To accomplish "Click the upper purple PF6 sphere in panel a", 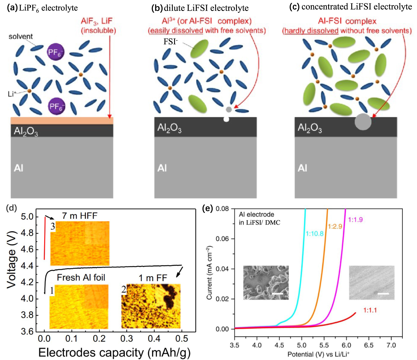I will pyautogui.click(x=55, y=52).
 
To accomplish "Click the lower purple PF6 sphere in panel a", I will pyautogui.click(x=57, y=106).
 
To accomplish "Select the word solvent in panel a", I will pyautogui.click(x=21, y=36).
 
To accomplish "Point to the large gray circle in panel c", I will pyautogui.click(x=363, y=122).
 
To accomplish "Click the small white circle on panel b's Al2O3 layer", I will pyautogui.click(x=226, y=119).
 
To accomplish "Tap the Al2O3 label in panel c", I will pyautogui.click(x=310, y=128).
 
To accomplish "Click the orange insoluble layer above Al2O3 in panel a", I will pyautogui.click(x=62, y=121).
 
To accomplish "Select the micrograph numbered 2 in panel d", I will pyautogui.click(x=151, y=306).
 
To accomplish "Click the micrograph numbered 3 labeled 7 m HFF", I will pyautogui.click(x=80, y=243).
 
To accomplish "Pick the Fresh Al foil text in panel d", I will pyautogui.click(x=81, y=278).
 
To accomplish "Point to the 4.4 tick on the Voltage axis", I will pyautogui.click(x=27, y=266).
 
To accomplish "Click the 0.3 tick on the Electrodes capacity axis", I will pyautogui.click(x=126, y=339).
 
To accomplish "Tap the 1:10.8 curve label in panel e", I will pyautogui.click(x=314, y=233).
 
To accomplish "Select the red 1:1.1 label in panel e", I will pyautogui.click(x=370, y=310).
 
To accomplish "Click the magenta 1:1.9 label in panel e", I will pyautogui.click(x=355, y=220).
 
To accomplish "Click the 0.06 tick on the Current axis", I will pyautogui.click(x=222, y=239).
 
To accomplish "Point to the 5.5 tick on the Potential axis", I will pyautogui.click(x=324, y=345).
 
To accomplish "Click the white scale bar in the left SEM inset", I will pyautogui.click(x=277, y=294).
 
